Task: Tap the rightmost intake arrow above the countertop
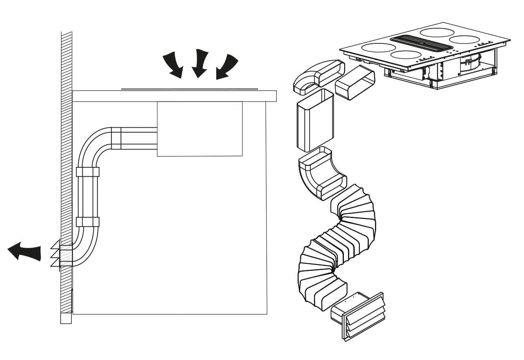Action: point(227,65)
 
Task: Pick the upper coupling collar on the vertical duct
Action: point(88,172)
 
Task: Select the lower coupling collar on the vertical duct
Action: point(88,222)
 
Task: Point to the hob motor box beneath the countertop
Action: point(199,129)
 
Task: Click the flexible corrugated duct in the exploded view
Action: point(340,245)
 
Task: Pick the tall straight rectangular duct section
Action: point(314,121)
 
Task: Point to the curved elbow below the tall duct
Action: point(321,174)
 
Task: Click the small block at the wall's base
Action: point(66,318)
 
